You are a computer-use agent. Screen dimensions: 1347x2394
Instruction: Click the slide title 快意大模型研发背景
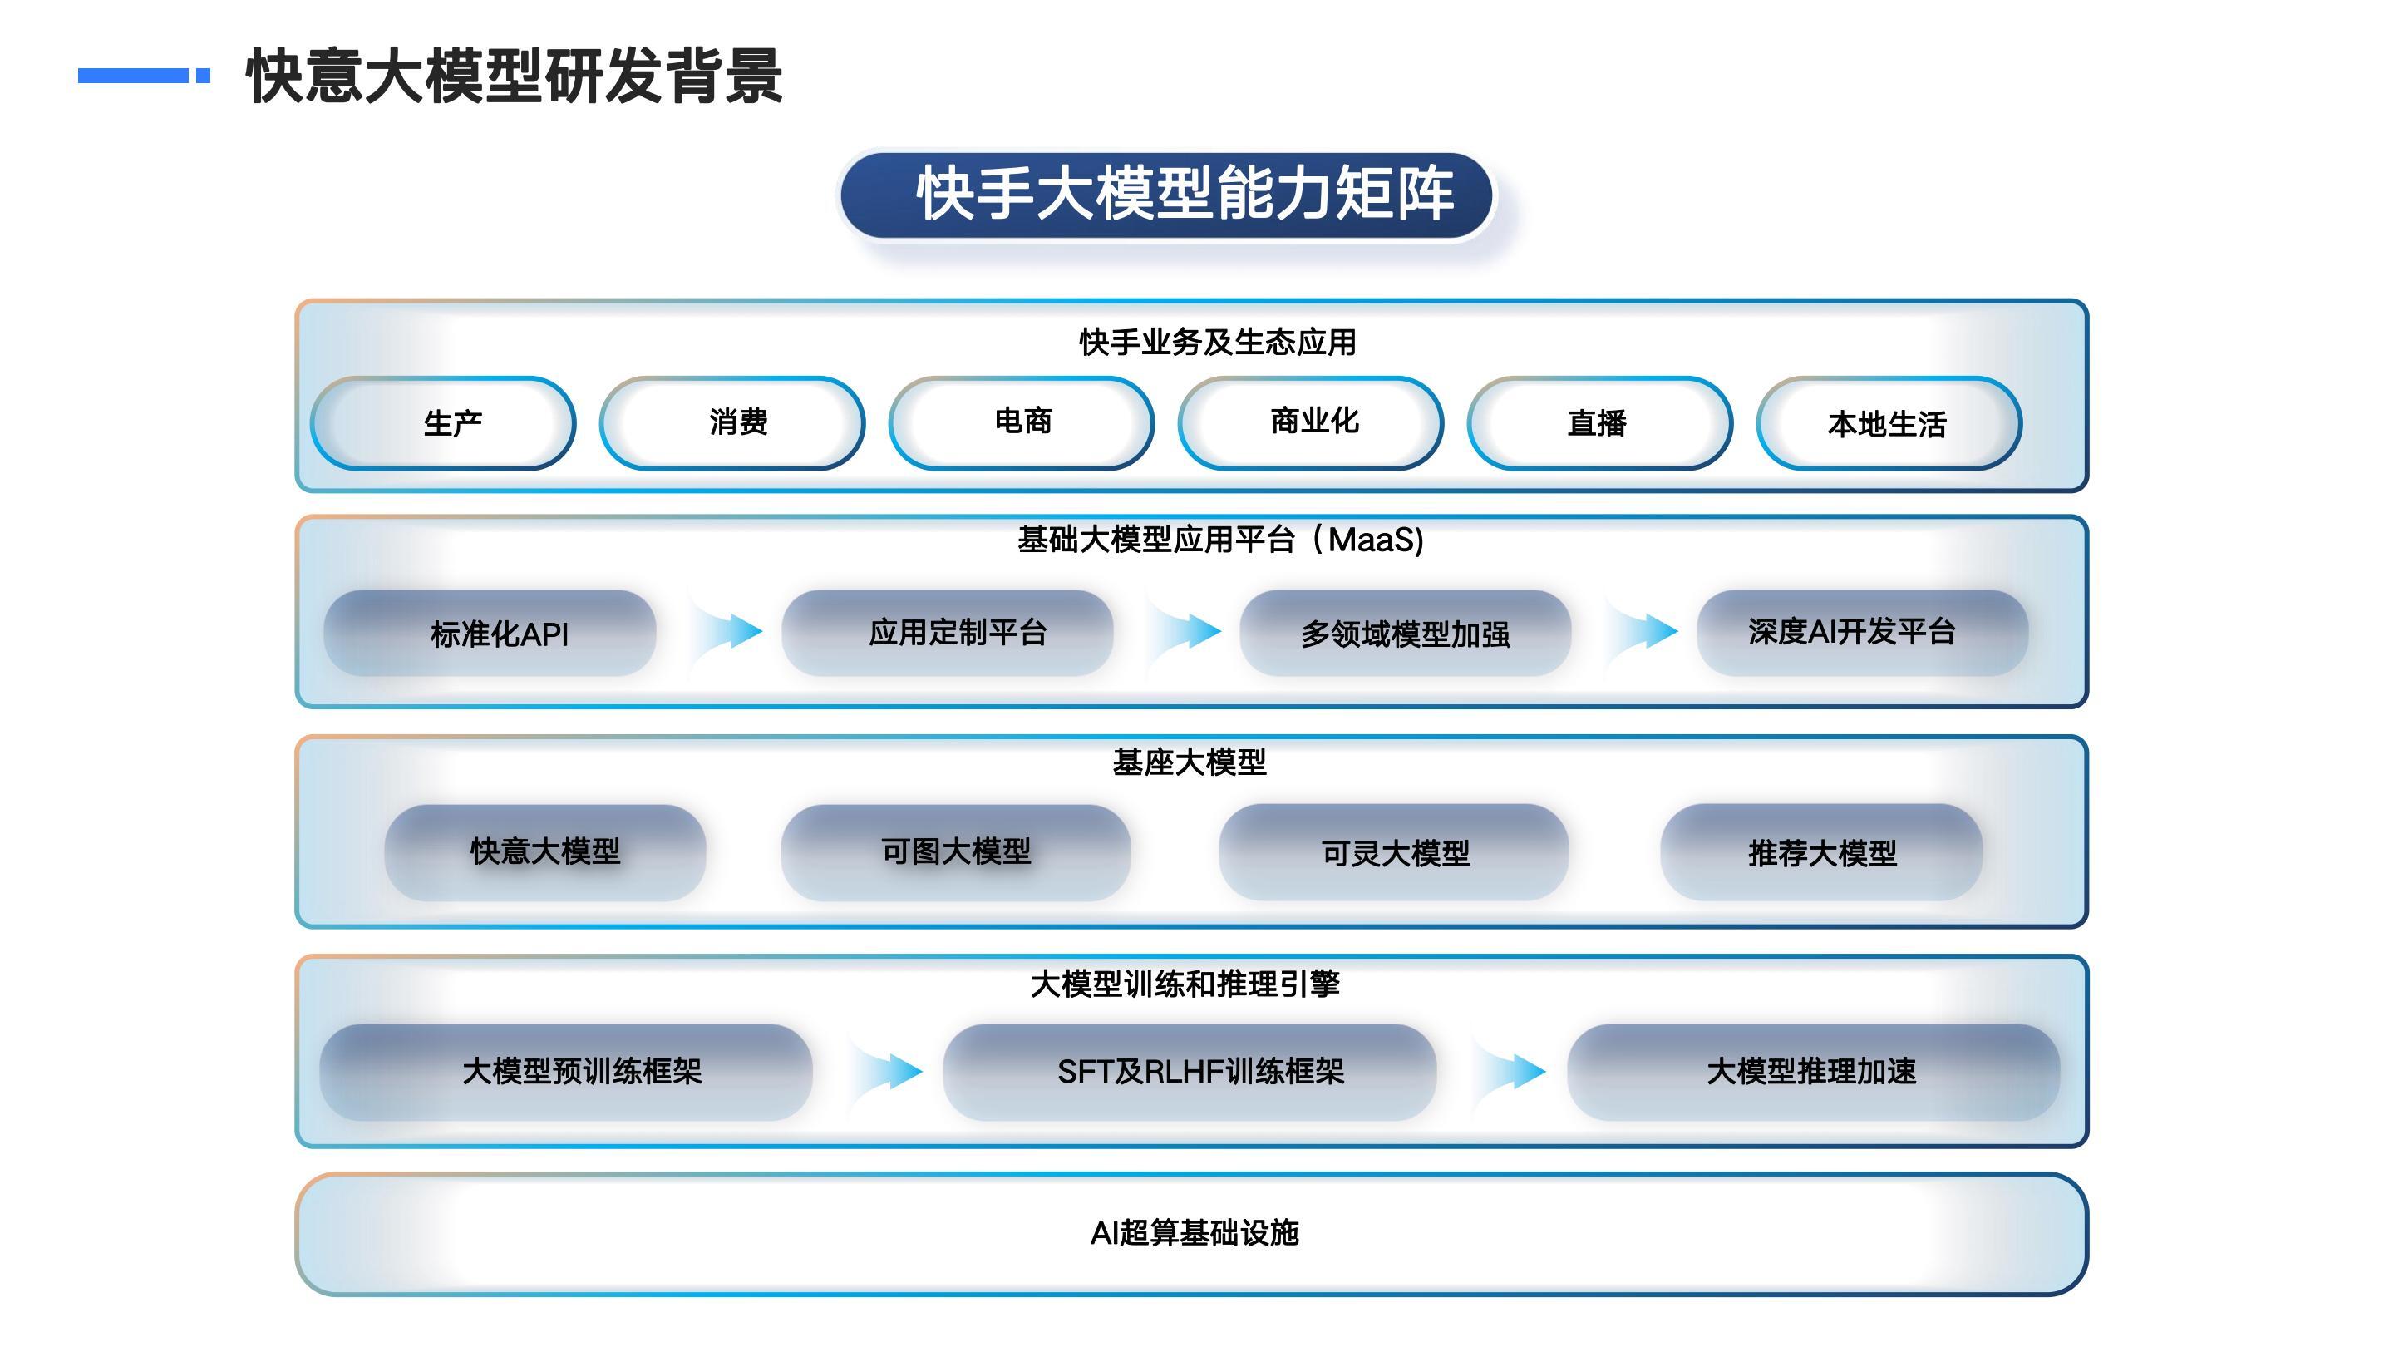pos(514,76)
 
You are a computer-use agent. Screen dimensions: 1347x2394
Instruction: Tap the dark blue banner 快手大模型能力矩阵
pos(1166,195)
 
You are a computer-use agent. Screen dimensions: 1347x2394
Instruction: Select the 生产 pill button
pos(443,424)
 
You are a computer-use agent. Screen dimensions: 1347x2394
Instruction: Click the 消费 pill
pos(732,424)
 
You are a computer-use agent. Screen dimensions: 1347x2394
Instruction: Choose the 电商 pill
pos(1022,424)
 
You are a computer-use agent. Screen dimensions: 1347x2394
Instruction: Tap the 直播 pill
pos(1599,424)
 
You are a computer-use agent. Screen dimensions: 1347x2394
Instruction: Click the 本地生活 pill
pos(1889,424)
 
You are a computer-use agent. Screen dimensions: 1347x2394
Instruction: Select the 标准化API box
pos(490,633)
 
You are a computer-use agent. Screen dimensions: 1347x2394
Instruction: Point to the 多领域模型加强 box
pos(1405,633)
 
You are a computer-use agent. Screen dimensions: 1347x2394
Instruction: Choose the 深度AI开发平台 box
pos(1862,633)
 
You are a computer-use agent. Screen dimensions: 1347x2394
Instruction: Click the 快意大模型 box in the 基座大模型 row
pos(545,851)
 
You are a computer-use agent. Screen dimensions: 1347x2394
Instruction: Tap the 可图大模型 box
pos(955,851)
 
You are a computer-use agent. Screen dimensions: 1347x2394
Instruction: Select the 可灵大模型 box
pos(1394,851)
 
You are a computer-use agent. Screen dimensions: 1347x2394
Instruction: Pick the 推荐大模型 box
pos(1821,851)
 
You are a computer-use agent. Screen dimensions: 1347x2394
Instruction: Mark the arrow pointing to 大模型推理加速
pos(1511,1072)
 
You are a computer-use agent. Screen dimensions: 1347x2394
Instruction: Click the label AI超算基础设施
pos(1195,1232)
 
